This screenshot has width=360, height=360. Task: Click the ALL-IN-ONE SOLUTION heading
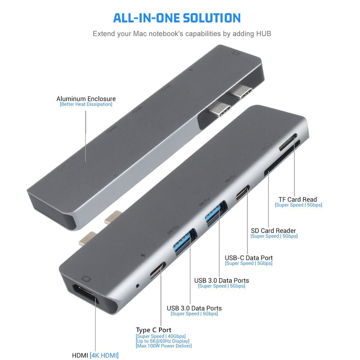coord(177,18)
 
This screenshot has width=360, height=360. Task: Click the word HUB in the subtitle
coord(263,34)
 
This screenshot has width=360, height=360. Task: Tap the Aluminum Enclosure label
coord(86,99)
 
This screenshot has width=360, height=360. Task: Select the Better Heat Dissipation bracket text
coord(86,104)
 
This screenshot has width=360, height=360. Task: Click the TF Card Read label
coord(298,199)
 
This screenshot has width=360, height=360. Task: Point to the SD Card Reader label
coord(273,231)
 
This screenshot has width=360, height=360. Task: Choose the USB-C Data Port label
coord(249,258)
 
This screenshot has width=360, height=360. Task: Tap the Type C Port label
coord(153,330)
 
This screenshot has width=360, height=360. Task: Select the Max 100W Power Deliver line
coord(164,346)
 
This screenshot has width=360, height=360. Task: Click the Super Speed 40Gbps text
coord(161,336)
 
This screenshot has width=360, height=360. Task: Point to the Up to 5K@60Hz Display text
coord(163,341)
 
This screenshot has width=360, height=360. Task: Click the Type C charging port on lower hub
coord(158,270)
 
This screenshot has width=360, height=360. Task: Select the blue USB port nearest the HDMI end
coord(184,242)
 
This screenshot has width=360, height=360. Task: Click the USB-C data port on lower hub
coord(243,193)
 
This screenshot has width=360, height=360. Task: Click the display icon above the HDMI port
coord(86,279)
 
